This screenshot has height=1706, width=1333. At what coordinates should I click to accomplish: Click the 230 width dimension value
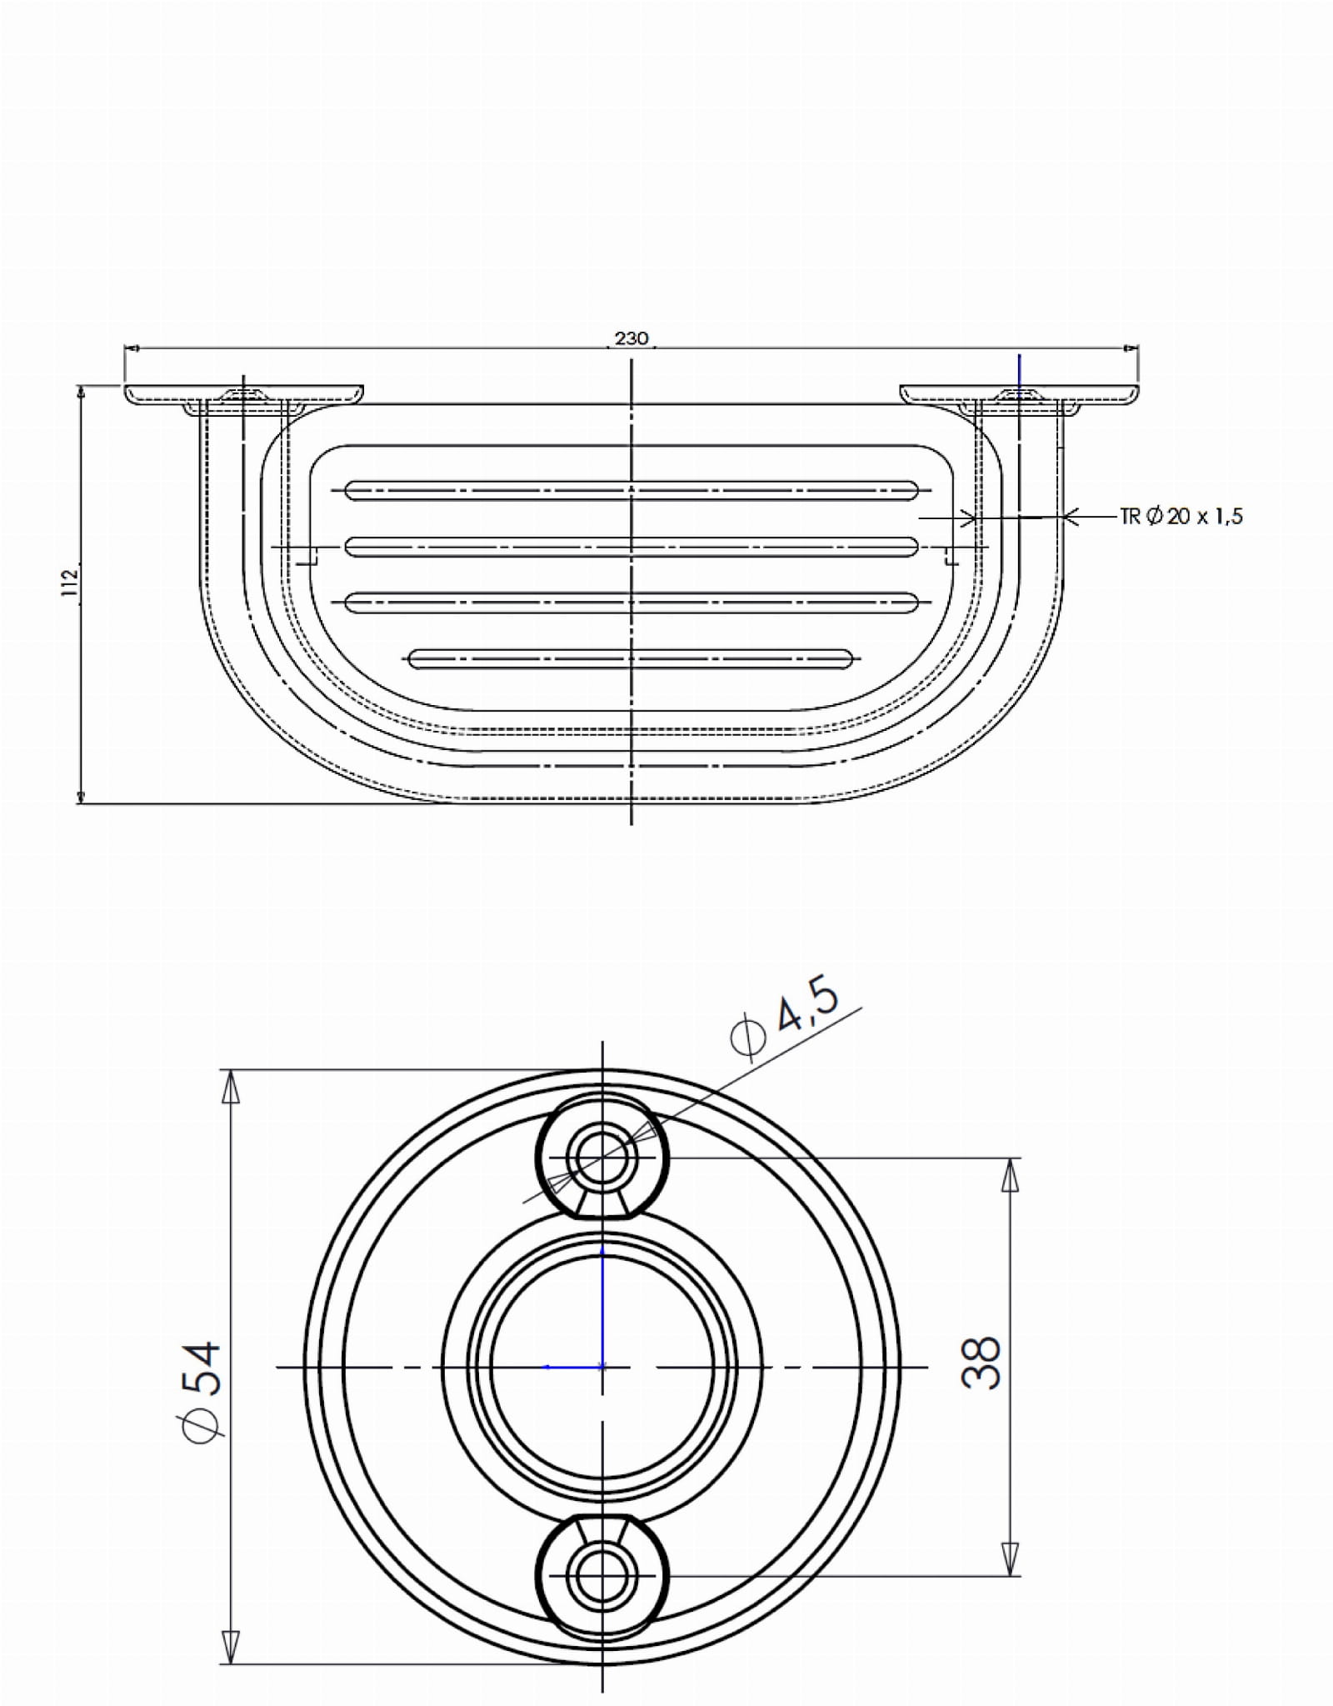click(x=632, y=338)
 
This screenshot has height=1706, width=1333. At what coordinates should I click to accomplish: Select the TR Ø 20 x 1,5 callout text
click(x=1182, y=517)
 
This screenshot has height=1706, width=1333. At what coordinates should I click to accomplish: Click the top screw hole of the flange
click(x=602, y=1158)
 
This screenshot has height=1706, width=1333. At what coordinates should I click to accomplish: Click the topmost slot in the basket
click(x=632, y=491)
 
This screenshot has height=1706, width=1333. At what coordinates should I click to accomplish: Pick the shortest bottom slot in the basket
click(x=631, y=659)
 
